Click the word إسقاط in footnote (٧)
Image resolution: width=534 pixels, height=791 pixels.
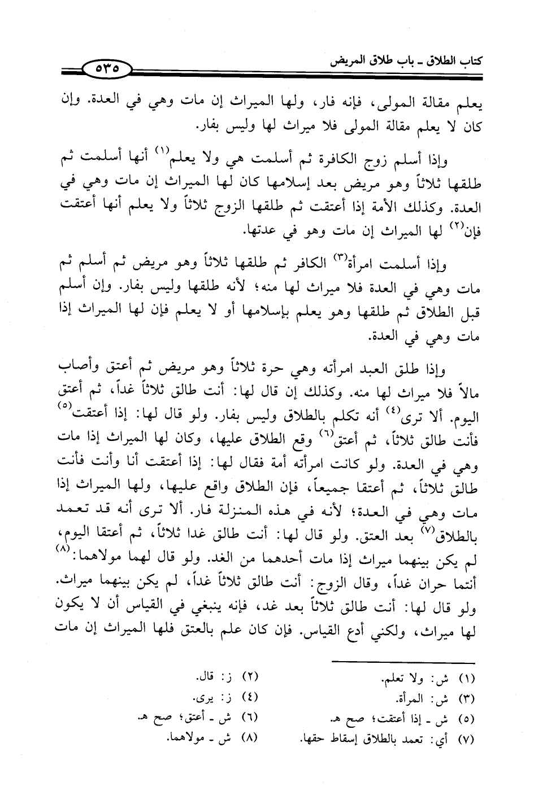(338, 738)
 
